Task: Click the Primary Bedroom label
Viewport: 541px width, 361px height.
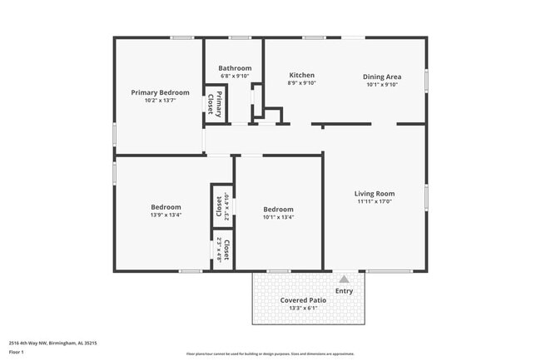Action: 161,92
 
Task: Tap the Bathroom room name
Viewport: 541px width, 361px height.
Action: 235,68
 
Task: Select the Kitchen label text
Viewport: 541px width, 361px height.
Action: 301,75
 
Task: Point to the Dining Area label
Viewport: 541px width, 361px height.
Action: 382,77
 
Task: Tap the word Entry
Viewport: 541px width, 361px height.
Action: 344,291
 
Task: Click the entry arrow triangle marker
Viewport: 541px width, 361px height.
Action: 344,278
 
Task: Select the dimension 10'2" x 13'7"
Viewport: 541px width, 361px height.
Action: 161,101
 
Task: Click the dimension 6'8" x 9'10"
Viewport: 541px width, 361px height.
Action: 235,77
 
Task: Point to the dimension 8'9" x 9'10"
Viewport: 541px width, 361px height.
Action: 301,83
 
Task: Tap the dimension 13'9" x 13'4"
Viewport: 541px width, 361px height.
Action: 166,215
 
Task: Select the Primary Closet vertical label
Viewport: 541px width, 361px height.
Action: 214,105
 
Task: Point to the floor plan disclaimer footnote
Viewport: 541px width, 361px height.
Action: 270,354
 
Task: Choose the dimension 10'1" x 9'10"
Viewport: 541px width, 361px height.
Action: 382,85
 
